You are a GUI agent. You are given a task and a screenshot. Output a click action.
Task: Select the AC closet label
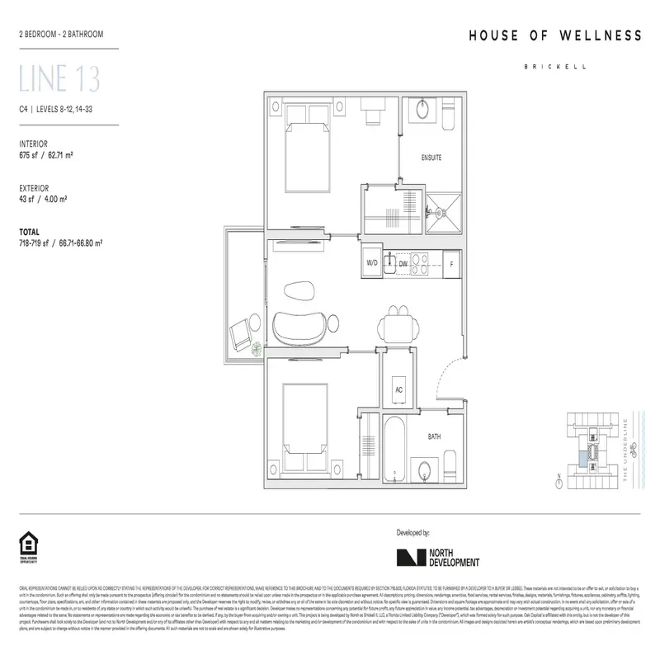[398, 389]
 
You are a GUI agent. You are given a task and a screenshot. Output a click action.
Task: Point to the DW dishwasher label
[403, 264]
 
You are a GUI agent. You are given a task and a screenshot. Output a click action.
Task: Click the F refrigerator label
[450, 264]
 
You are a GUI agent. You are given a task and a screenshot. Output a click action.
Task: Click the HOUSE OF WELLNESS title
[554, 35]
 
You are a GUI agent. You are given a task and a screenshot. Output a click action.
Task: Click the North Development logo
[437, 557]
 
